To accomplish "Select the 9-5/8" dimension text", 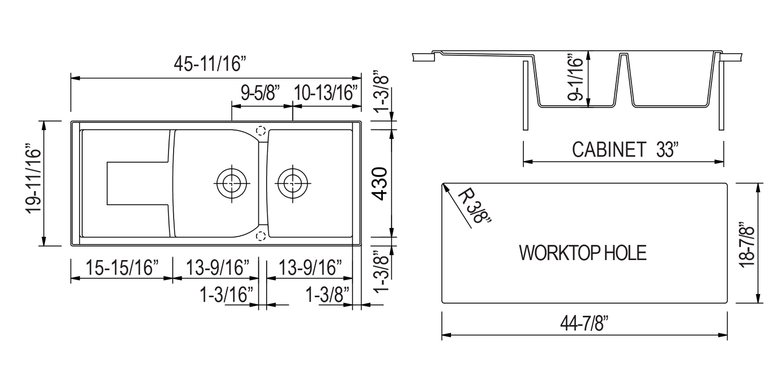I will [260, 94].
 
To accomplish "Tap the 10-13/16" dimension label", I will [326, 94].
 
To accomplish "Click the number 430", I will [381, 184].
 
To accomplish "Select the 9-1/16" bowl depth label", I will [575, 78].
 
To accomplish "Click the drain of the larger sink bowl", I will [232, 182].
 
